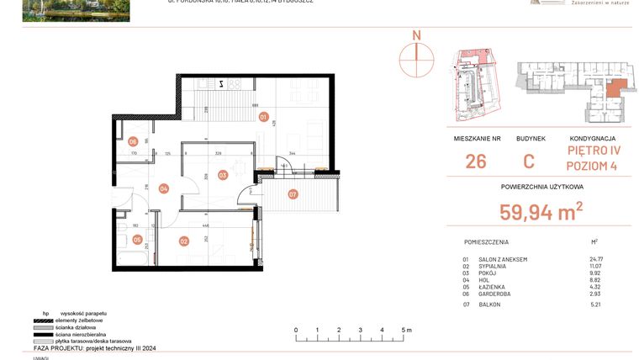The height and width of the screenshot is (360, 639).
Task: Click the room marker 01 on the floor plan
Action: tap(263, 117)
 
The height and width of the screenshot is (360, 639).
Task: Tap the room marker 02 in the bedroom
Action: tap(183, 241)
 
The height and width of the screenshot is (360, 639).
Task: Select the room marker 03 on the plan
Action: tap(223, 175)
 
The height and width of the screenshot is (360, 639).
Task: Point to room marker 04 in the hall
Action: tap(163, 188)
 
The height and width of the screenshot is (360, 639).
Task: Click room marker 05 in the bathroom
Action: tap(137, 239)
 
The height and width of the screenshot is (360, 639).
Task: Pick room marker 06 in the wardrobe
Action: tap(133, 142)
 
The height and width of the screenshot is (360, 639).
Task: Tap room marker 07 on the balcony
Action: tap(293, 195)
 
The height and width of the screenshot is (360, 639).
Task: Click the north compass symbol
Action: tap(415, 56)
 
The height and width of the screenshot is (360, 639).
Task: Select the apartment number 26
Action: tap(475, 161)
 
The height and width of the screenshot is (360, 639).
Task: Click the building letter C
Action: tap(529, 161)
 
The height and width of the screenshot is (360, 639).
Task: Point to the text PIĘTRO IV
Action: tap(593, 151)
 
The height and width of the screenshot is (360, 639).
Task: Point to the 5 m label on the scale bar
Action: tap(406, 330)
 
